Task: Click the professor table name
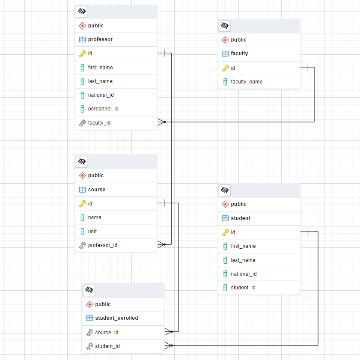click(x=100, y=39)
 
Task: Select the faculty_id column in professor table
click(x=99, y=123)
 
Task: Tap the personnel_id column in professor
click(x=103, y=109)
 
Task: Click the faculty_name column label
click(x=247, y=82)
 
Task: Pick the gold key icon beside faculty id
click(x=225, y=68)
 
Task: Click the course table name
click(x=96, y=190)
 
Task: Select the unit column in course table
click(x=92, y=232)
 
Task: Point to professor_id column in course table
click(x=102, y=245)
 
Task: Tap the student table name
click(x=240, y=218)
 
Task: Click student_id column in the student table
click(x=243, y=288)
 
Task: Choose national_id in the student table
click(x=244, y=274)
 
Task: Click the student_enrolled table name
click(x=116, y=318)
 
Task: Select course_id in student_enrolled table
click(x=107, y=333)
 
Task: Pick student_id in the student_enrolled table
click(x=107, y=346)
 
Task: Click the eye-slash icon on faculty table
click(x=225, y=26)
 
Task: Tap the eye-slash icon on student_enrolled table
click(x=89, y=290)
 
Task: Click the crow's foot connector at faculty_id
click(x=161, y=122)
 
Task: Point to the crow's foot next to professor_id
click(x=161, y=244)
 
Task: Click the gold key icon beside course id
click(x=82, y=204)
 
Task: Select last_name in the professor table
click(x=100, y=81)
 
